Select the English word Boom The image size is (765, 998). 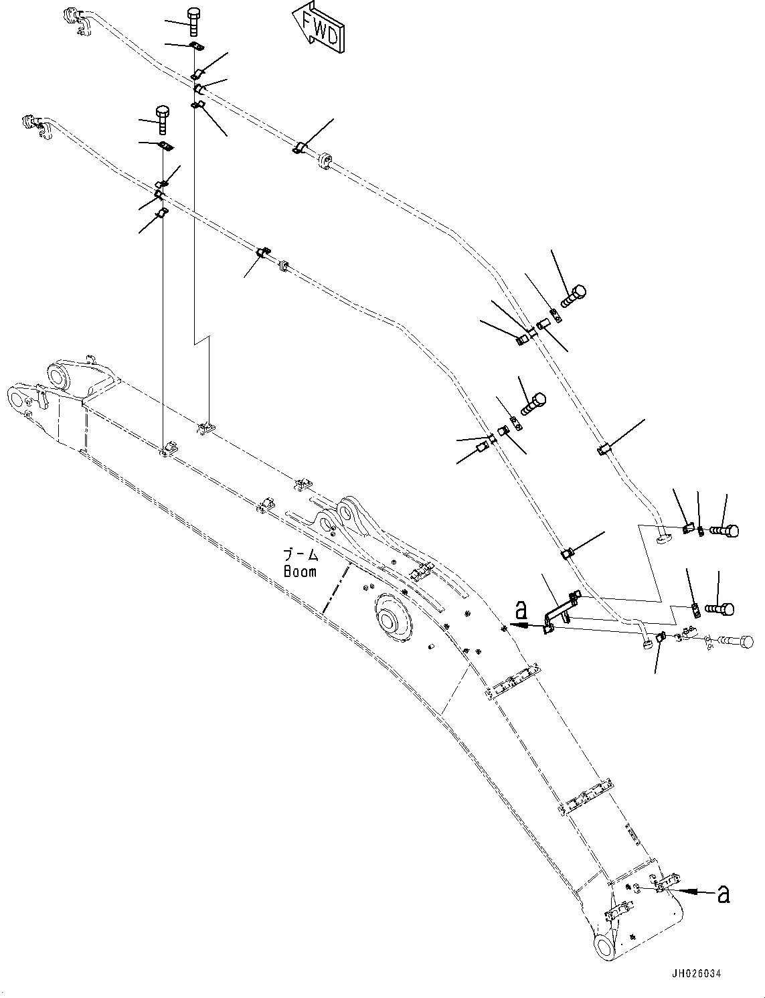[299, 572]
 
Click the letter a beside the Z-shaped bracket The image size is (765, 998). [522, 610]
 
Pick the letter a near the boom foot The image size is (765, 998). [723, 895]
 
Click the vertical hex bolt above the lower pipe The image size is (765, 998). [162, 119]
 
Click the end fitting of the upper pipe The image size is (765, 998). [73, 16]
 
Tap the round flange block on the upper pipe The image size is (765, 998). [327, 161]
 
